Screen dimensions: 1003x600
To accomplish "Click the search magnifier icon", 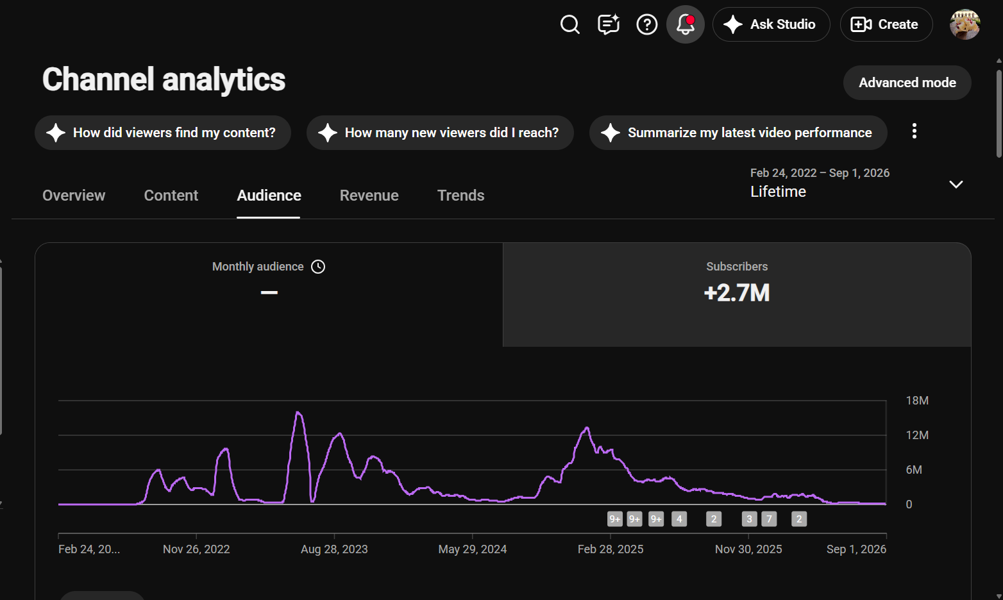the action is (570, 24).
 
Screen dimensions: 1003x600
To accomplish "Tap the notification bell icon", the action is (686, 24).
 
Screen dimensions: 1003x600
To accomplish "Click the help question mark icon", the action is (647, 24).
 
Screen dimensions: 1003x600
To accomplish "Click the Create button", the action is (886, 24).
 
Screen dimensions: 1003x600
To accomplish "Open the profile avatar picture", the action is (965, 24).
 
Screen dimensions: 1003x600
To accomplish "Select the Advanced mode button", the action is (907, 83).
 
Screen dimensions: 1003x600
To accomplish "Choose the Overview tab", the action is (74, 196).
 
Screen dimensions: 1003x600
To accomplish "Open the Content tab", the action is (171, 196).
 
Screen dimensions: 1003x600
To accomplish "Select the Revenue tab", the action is (369, 196).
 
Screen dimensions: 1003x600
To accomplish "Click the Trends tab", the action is (460, 196).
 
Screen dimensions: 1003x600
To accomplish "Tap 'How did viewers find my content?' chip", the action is (163, 133).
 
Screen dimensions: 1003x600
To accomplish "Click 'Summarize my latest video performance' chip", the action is (738, 133).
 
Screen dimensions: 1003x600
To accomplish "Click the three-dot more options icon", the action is (914, 131).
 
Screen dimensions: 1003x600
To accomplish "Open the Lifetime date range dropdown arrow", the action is (956, 185).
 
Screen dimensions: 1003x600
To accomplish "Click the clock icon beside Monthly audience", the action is (318, 267).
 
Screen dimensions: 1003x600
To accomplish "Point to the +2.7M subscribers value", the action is (737, 293).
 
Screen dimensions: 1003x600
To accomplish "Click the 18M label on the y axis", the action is (917, 401).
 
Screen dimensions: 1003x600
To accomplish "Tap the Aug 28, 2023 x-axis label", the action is (334, 549).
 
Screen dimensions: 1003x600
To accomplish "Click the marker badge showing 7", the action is (770, 519).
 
